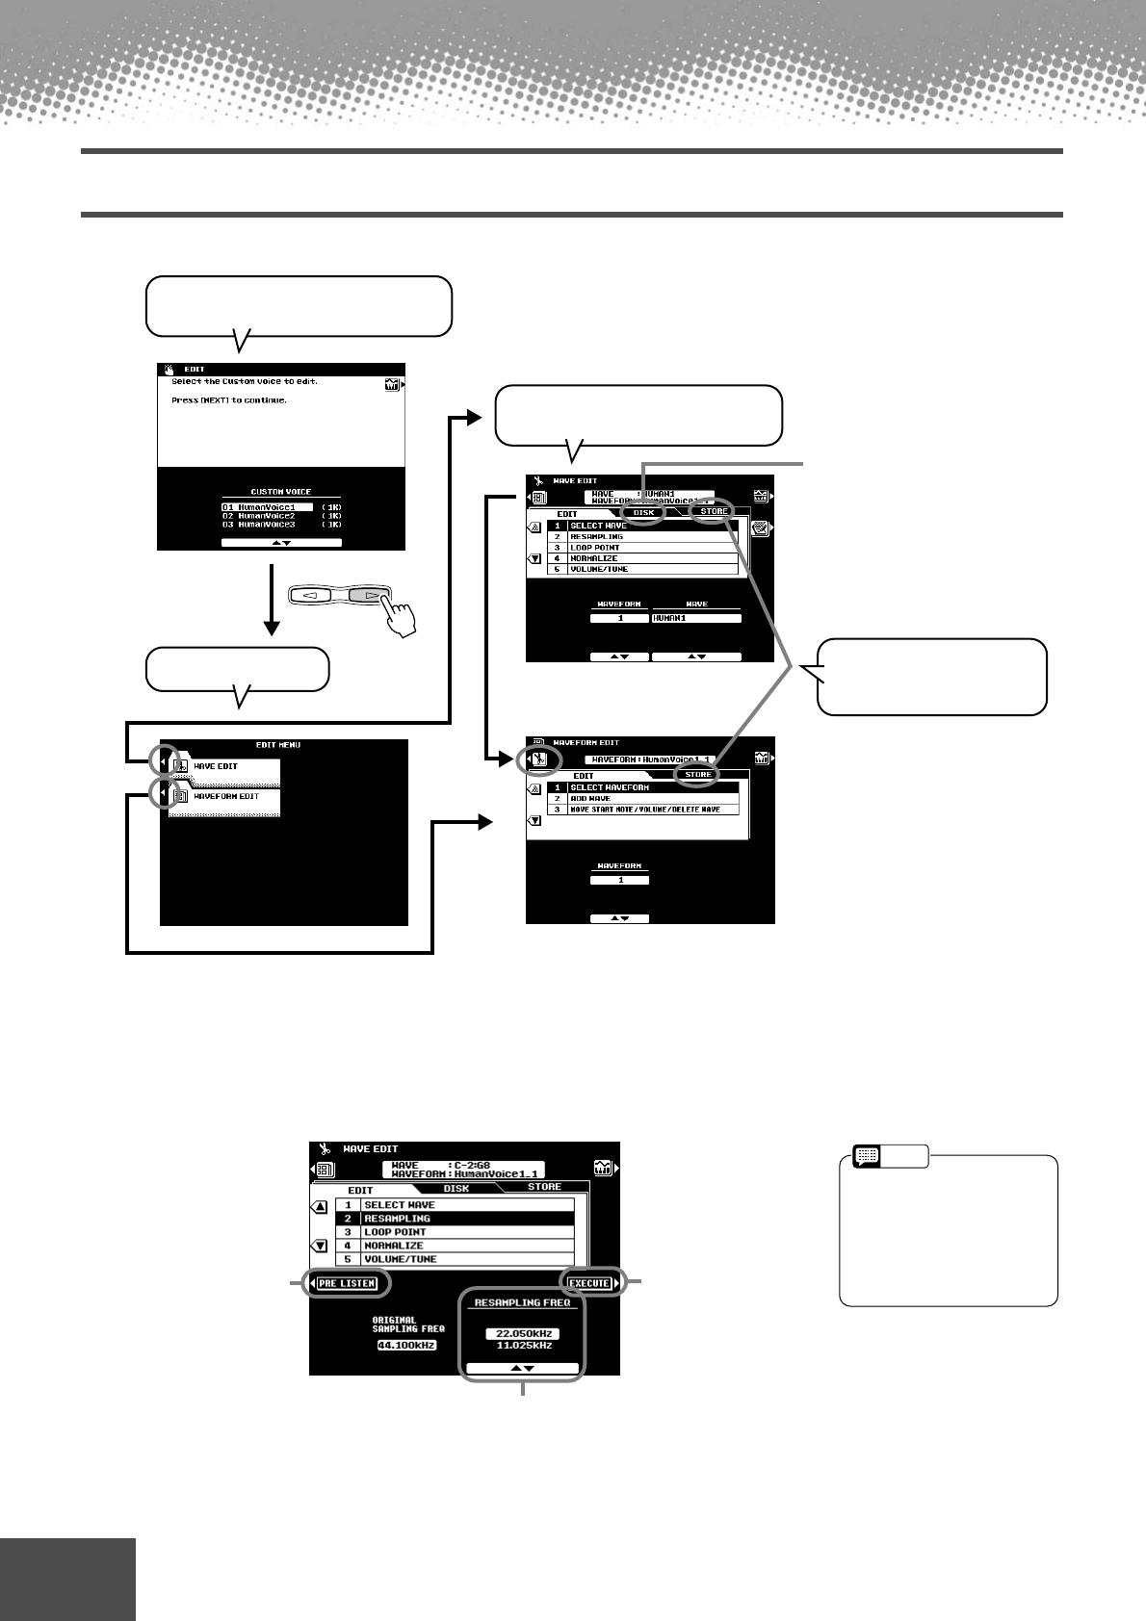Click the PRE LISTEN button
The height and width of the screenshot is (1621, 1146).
tap(347, 1283)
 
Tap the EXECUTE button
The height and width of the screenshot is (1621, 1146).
tap(588, 1283)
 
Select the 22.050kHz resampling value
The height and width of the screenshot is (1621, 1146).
tap(522, 1333)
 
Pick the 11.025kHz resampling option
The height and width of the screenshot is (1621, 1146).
tap(522, 1345)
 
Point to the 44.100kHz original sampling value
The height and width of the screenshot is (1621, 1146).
tap(407, 1345)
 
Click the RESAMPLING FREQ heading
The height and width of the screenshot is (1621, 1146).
tap(522, 1302)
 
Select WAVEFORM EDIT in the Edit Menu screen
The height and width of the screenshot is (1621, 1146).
tap(225, 796)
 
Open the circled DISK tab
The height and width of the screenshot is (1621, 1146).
tap(643, 512)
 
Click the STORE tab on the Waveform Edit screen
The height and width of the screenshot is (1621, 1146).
tap(698, 774)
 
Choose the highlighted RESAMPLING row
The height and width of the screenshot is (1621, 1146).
tap(455, 1219)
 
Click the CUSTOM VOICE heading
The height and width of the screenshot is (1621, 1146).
tap(280, 492)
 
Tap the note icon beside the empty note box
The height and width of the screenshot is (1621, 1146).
tap(866, 1155)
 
